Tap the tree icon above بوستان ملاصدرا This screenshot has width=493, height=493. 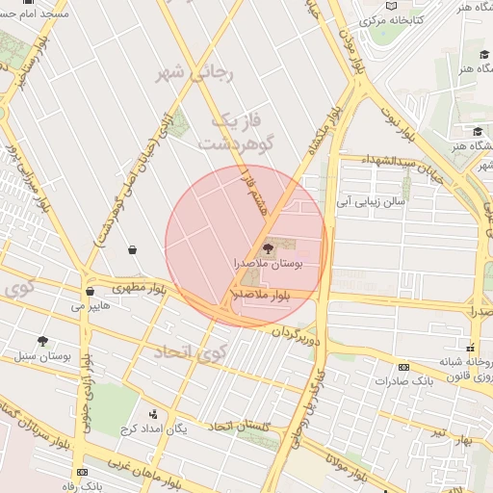tap(269, 248)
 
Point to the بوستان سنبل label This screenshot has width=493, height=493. tap(43, 355)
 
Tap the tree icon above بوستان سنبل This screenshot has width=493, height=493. tap(42, 341)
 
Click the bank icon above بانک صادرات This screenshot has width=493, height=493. tap(403, 367)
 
